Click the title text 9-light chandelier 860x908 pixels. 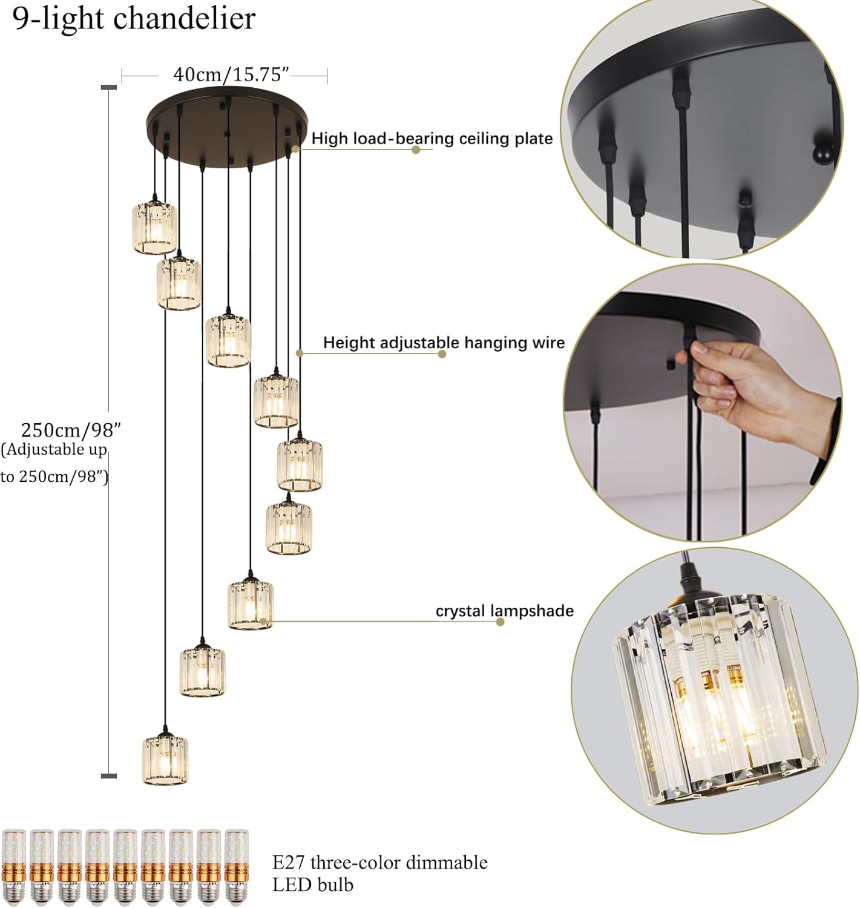[134, 19]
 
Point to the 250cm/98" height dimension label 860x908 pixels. [71, 430]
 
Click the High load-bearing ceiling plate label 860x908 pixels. [432, 139]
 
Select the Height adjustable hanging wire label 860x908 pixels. [443, 343]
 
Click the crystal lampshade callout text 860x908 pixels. [504, 611]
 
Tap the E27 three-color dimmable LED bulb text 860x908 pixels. [379, 873]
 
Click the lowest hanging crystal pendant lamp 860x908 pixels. [165, 760]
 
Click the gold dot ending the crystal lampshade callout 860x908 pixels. [500, 622]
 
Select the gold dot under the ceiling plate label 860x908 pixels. [416, 150]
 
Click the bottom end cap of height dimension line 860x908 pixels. [108, 775]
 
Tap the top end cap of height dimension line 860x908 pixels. [108, 88]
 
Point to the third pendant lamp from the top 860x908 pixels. [228, 341]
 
